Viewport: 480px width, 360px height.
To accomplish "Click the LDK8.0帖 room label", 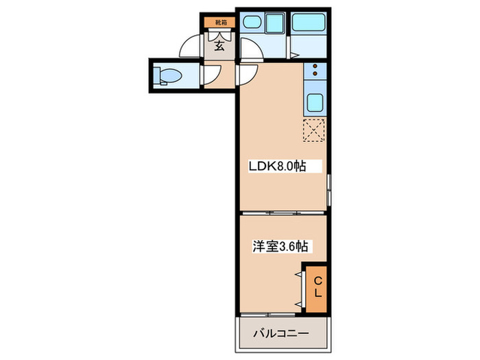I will pos(276,165).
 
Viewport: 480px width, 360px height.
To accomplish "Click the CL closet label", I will pos(318,287).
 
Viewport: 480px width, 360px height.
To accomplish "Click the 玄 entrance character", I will pos(219,47).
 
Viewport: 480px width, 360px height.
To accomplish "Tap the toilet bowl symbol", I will pos(167,75).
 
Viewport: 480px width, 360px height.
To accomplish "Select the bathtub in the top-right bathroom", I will pos(310,23).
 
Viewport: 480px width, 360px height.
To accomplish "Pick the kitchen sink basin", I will pos(315,104).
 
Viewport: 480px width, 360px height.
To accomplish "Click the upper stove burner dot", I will pos(315,67).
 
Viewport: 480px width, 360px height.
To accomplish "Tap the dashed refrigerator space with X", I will pos(313,130).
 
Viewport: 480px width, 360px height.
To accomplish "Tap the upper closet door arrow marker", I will pos(299,275).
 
